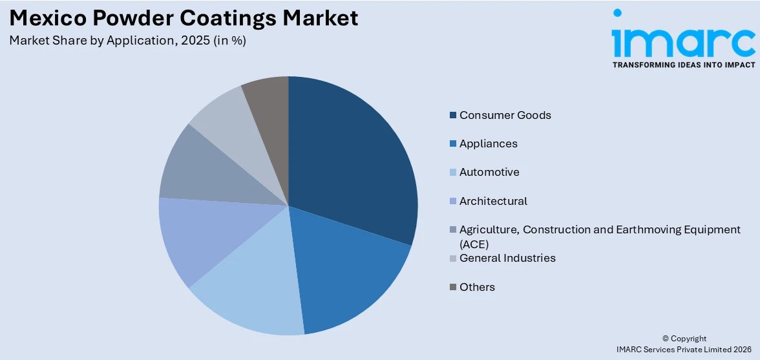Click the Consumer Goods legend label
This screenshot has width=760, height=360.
click(505, 115)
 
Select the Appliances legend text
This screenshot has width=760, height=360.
click(488, 143)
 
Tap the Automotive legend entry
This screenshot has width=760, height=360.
click(489, 172)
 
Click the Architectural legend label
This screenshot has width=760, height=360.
click(493, 201)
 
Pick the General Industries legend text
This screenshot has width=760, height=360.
click(507, 258)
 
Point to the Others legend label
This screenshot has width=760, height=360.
click(477, 287)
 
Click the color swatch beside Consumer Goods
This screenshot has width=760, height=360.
click(453, 116)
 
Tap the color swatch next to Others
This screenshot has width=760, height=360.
click(453, 288)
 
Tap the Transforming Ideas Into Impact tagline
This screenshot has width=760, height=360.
click(683, 65)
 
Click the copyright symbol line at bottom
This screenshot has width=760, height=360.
click(684, 338)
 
